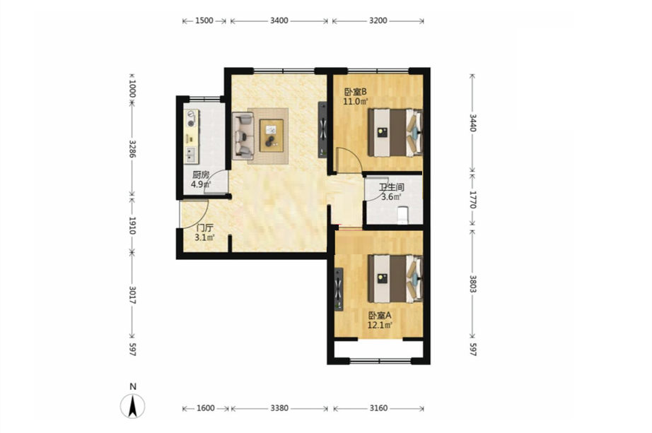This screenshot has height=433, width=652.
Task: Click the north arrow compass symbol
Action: point(133,406)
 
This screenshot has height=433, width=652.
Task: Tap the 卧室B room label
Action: point(355,91)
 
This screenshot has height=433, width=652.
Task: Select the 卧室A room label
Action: point(380,316)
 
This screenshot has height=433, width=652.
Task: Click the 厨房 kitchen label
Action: point(200,175)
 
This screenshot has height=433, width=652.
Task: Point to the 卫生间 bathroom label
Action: point(391,187)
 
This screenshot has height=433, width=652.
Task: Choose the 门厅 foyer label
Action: point(204,227)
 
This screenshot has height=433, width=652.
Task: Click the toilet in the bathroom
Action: point(403,215)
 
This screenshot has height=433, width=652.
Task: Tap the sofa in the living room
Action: point(243,136)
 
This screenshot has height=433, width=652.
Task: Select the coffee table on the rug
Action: point(272,135)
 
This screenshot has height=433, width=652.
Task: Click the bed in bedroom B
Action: point(395,133)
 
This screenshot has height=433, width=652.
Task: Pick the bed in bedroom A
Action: point(395,279)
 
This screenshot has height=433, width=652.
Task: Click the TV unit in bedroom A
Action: point(339,289)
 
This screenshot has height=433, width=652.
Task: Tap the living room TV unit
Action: point(323,130)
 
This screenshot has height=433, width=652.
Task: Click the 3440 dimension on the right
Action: point(472,123)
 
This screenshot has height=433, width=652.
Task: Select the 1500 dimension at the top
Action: point(204,20)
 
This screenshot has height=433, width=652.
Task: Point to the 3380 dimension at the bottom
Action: point(279,408)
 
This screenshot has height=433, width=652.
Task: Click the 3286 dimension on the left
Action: point(132,148)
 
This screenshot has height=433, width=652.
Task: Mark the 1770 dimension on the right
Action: point(472,199)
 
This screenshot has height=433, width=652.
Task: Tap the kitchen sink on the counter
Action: point(191,155)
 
